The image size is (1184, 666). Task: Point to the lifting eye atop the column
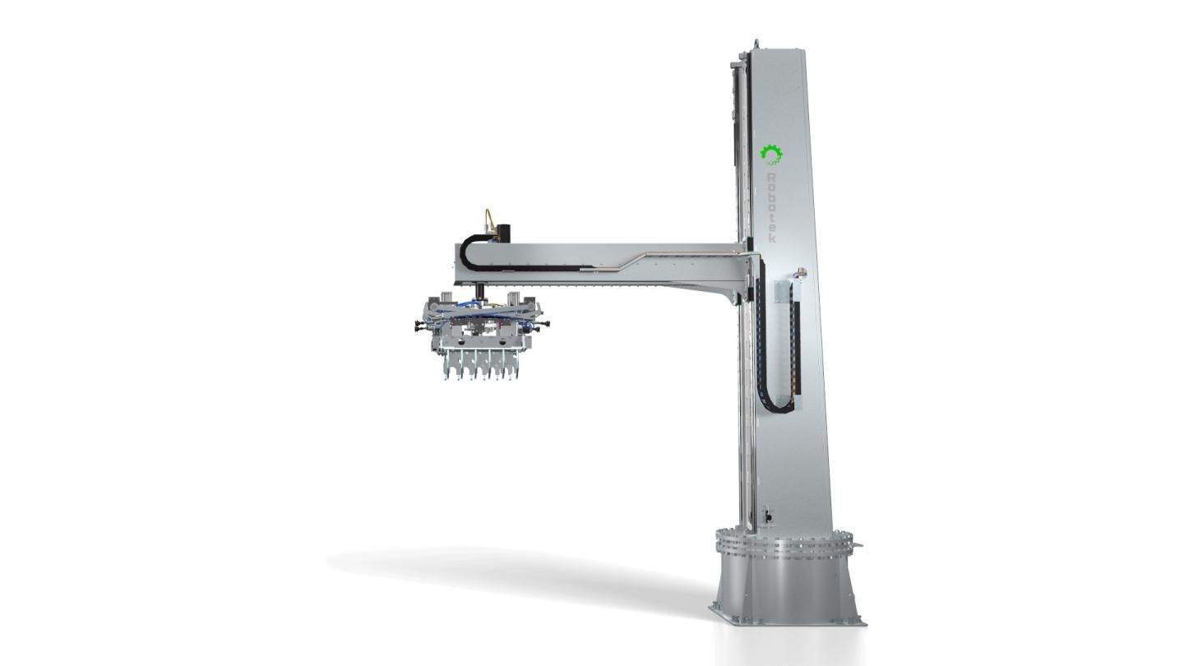pyautogui.click(x=756, y=43)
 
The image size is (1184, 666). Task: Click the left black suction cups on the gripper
pyautogui.click(x=419, y=326)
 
